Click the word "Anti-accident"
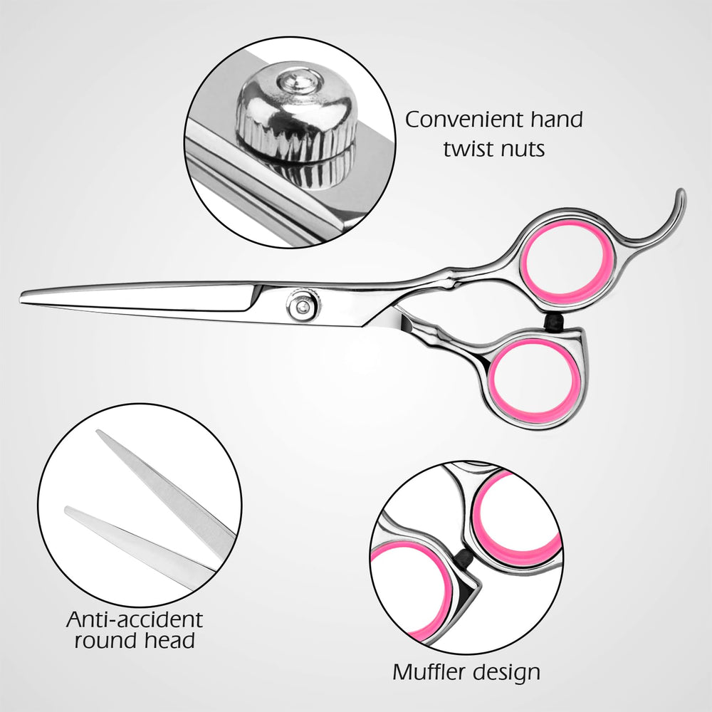(135, 619)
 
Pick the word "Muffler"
(426, 671)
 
